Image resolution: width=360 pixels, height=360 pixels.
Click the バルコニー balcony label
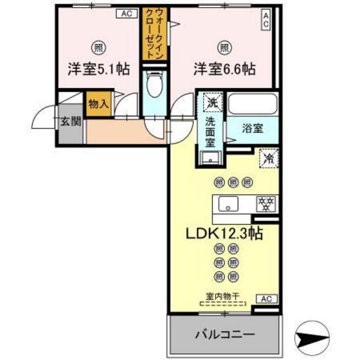click(x=225, y=336)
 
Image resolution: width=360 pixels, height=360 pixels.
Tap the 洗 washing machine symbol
click(x=211, y=102)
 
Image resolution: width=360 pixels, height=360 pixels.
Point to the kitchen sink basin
click(x=227, y=205)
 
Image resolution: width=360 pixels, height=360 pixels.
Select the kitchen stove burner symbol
click(x=264, y=204)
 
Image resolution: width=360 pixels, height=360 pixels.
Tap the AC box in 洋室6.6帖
click(x=265, y=21)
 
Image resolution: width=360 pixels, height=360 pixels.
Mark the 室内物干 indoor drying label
click(x=222, y=296)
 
